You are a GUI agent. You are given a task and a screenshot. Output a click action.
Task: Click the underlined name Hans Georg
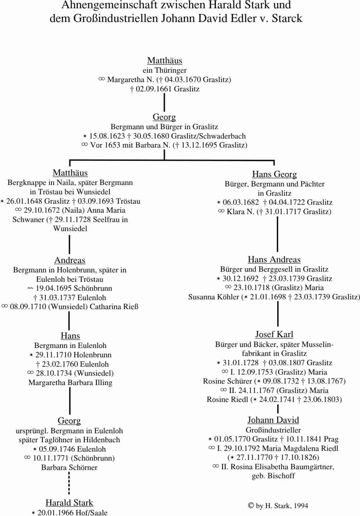click(x=274, y=175)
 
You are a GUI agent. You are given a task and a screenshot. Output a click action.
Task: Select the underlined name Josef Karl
click(x=274, y=335)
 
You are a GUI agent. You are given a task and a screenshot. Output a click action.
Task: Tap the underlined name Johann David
click(x=273, y=420)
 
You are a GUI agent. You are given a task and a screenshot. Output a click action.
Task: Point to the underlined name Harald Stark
click(x=69, y=503)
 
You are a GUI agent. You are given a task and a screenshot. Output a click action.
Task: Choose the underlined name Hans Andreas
click(x=274, y=260)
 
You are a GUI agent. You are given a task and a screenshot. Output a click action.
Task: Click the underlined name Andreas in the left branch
click(x=70, y=261)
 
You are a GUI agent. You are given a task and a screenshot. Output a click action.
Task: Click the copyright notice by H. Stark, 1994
click(x=278, y=506)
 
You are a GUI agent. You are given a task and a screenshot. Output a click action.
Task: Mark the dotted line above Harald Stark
click(x=69, y=483)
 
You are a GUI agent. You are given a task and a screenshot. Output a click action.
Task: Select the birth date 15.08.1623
click(x=107, y=136)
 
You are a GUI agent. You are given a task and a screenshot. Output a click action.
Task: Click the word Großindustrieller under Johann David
click(x=273, y=430)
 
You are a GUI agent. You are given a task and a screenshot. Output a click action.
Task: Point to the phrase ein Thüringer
click(x=165, y=70)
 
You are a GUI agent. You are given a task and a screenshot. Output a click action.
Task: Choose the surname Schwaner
click(x=28, y=219)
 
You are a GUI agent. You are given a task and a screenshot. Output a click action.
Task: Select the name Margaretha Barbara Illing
click(x=70, y=383)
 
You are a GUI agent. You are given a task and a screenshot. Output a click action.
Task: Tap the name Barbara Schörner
click(x=69, y=467)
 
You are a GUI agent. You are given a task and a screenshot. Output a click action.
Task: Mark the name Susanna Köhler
click(x=213, y=297)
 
